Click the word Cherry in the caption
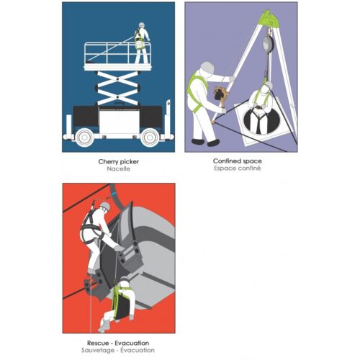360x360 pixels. pyautogui.click(x=107, y=162)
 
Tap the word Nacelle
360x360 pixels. pyautogui.click(x=119, y=168)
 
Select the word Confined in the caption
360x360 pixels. pyautogui.click(x=225, y=161)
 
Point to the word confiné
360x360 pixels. pyautogui.click(x=250, y=168)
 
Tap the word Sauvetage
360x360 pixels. pyautogui.click(x=98, y=350)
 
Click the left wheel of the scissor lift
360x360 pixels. pyautogui.click(x=84, y=138)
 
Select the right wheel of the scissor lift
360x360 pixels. pyautogui.click(x=150, y=138)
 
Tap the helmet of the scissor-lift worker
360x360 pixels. pyautogui.click(x=142, y=25)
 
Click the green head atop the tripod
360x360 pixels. pyautogui.click(x=269, y=18)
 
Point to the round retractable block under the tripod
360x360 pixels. pyautogui.click(x=267, y=44)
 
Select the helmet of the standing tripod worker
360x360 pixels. pyautogui.click(x=207, y=68)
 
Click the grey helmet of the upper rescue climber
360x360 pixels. pyautogui.click(x=105, y=206)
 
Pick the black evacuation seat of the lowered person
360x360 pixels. pyautogui.click(x=122, y=304)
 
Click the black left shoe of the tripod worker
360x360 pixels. pyautogui.click(x=198, y=141)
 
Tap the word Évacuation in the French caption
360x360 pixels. pyautogui.click(x=138, y=350)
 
